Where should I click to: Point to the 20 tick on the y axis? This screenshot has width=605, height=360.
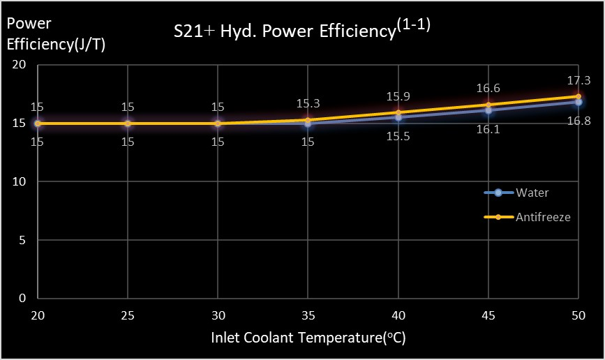(x=20, y=65)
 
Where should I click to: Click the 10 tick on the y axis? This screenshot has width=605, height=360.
(x=20, y=181)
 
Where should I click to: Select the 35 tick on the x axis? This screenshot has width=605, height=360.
(x=308, y=316)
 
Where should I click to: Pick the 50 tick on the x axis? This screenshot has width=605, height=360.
(x=578, y=316)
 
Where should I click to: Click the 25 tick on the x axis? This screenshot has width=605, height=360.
(x=128, y=316)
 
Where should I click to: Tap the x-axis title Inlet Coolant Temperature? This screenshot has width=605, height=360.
(x=308, y=338)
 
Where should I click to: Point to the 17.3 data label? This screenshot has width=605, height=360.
(x=578, y=80)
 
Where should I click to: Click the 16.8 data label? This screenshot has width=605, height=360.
(x=578, y=121)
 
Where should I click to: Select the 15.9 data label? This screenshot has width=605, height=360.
(x=398, y=96)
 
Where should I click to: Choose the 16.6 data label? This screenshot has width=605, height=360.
(x=488, y=89)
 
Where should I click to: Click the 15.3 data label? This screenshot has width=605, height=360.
(x=308, y=103)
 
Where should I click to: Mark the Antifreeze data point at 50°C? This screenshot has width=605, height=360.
(x=578, y=96)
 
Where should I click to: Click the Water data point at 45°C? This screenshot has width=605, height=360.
(x=488, y=110)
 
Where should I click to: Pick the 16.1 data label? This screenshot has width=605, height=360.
(x=488, y=130)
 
